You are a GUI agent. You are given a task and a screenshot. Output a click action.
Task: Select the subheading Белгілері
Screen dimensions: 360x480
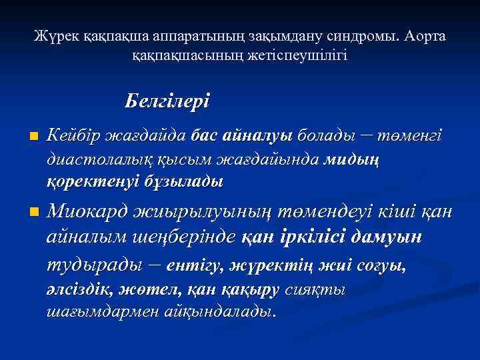(x=167, y=101)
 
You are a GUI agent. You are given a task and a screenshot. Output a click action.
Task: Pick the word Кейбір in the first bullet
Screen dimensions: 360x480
(x=75, y=136)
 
